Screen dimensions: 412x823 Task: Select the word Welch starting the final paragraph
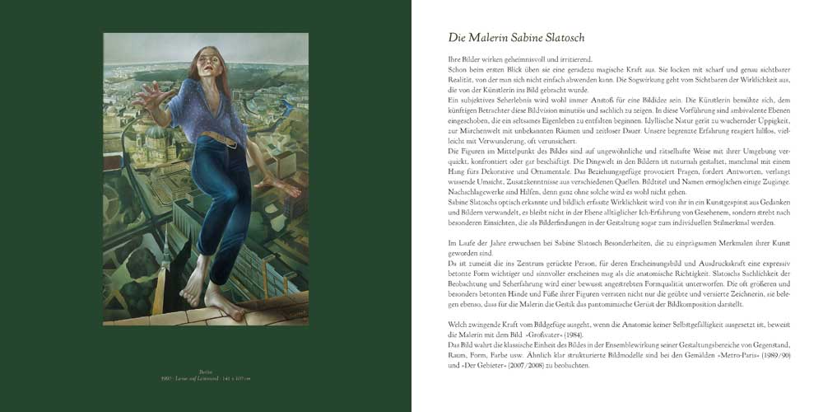[458, 325]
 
